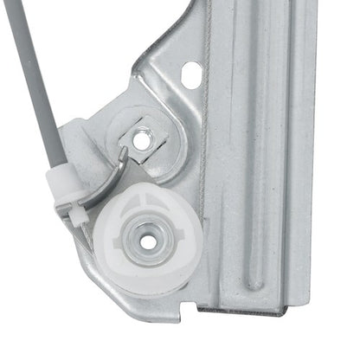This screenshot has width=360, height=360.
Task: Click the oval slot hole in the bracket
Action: (190, 76)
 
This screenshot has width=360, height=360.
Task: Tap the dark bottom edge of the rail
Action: (251, 307)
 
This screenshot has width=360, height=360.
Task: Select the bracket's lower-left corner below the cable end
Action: (87, 260)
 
